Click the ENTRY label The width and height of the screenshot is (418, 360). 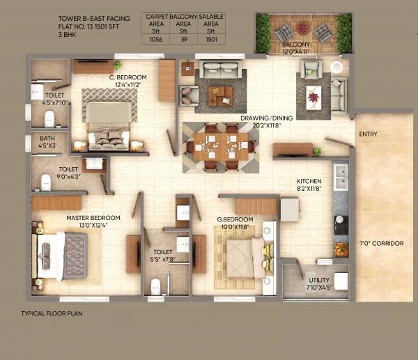pos(369,134)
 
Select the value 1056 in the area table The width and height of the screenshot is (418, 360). pos(155,40)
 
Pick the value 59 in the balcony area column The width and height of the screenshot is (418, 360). pos(183,40)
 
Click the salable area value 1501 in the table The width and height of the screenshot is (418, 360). pos(210,40)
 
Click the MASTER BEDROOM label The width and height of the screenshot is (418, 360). pos(93,218)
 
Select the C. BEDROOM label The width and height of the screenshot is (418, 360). pos(127,77)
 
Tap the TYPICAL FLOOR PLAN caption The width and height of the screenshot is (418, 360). pos(52,313)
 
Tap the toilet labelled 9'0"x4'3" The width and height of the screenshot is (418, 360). pos(68,173)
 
